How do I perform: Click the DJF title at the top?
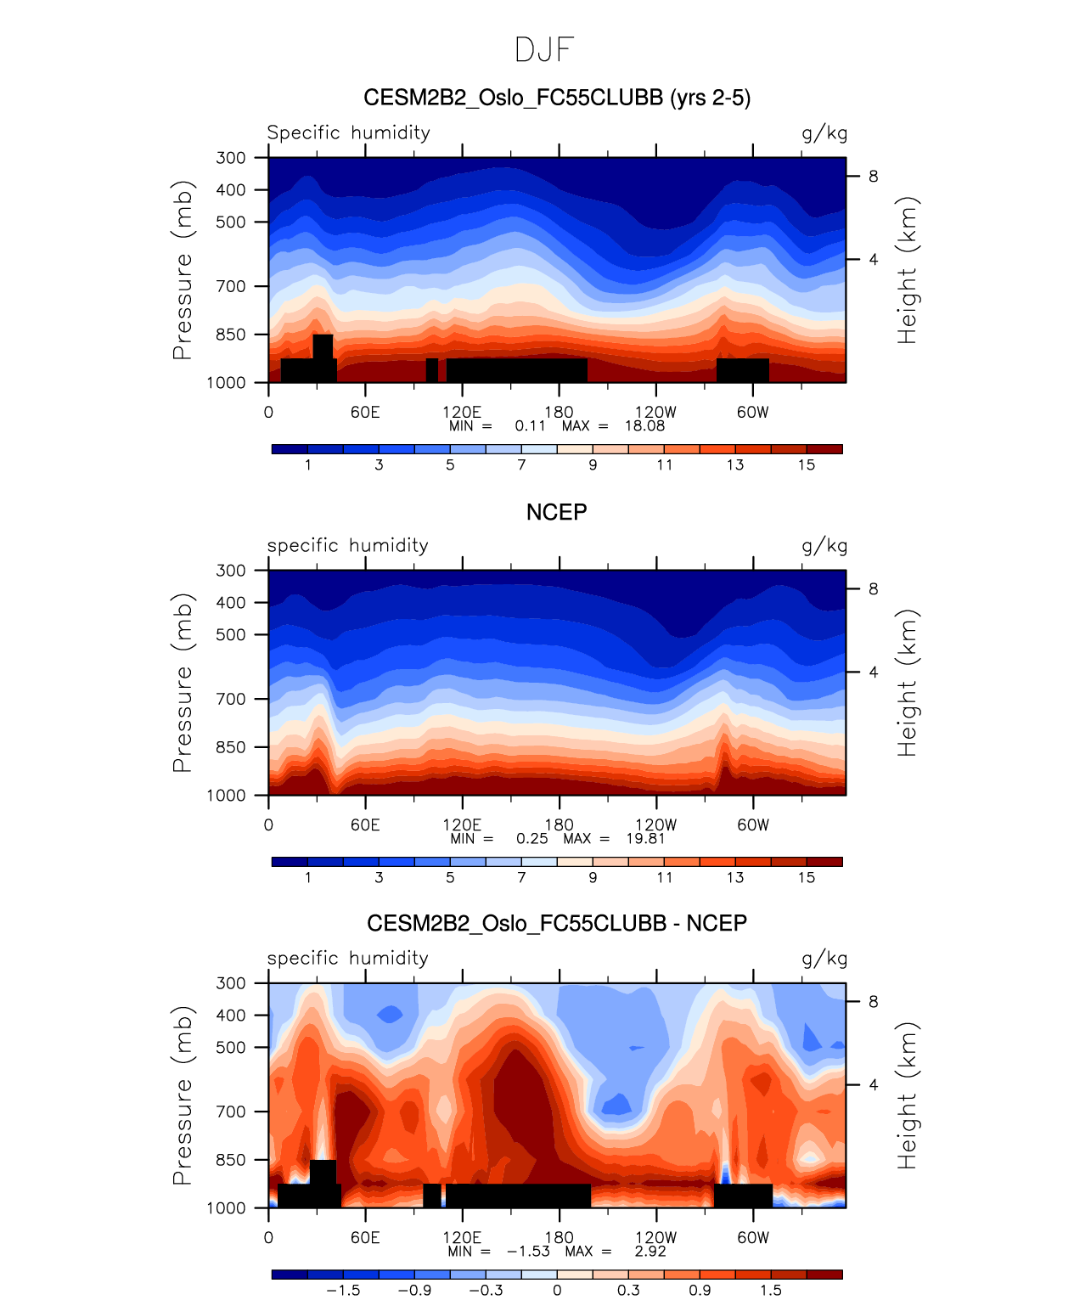[544, 50]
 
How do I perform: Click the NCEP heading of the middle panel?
[556, 512]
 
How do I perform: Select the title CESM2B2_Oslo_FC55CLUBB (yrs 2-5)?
[556, 98]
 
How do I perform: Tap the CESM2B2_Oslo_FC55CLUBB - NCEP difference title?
[556, 923]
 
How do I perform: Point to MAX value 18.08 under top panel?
[644, 426]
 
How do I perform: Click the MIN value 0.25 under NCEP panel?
[531, 839]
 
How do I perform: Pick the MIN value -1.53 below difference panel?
[528, 1252]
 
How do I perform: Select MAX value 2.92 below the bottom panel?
[650, 1252]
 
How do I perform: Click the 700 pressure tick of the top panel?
[231, 286]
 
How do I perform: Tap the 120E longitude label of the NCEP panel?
[462, 825]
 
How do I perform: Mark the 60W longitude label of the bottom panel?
[752, 1238]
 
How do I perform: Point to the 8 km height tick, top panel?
[873, 177]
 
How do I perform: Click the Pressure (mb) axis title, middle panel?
[183, 683]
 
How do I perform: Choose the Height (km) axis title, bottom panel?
[908, 1095]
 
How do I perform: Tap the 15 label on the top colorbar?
[806, 465]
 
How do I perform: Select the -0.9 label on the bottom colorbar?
[414, 1291]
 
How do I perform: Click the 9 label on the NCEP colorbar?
[593, 878]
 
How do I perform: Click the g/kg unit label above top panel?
[824, 133]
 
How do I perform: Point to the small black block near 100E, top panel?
[432, 370]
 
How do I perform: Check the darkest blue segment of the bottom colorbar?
[290, 1275]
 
